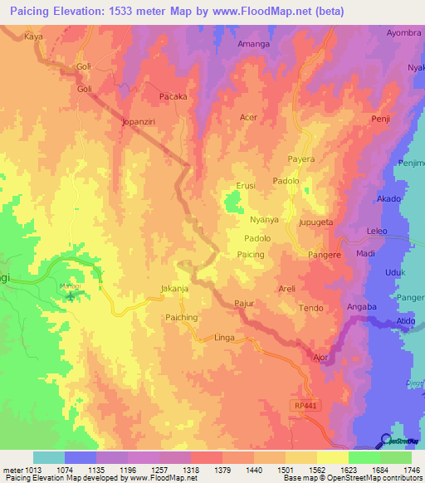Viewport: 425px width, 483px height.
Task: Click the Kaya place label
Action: [33, 37]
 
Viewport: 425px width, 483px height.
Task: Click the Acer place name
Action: [249, 118]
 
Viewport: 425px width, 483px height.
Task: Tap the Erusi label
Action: [246, 186]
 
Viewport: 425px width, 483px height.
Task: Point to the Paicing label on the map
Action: [251, 255]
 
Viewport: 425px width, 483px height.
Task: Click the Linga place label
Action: [225, 339]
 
